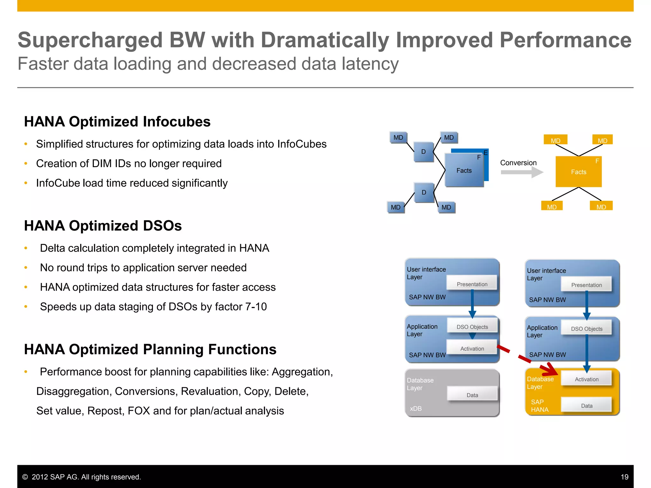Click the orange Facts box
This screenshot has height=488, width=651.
click(x=578, y=172)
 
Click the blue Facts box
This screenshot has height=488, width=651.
click(x=464, y=171)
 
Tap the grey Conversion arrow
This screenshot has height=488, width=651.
click(x=522, y=172)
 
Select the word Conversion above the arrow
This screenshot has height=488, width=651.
click(x=518, y=163)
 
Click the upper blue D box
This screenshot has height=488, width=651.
click(x=423, y=152)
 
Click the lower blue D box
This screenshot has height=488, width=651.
click(x=424, y=193)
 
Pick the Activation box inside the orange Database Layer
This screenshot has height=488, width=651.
click(x=586, y=379)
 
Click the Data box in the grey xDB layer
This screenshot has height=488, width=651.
click(x=472, y=394)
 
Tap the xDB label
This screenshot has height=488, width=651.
click(x=415, y=409)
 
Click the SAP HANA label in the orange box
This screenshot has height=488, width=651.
click(x=539, y=406)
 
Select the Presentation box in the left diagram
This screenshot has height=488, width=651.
click(x=472, y=283)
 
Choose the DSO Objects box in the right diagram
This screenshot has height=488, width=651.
click(x=586, y=328)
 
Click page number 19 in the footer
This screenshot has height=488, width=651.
click(x=624, y=477)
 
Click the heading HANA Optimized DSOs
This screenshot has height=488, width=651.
click(x=103, y=226)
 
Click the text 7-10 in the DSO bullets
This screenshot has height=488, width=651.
click(x=256, y=307)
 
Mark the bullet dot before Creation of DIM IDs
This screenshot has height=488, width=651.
click(x=26, y=164)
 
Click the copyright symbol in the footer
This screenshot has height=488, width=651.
click(x=25, y=477)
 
